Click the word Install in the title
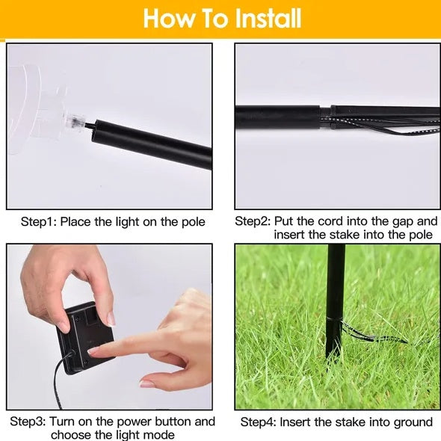[x=268, y=18]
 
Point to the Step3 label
[x=28, y=422]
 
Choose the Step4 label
[x=258, y=422]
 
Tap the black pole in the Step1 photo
[x=151, y=144]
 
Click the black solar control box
[x=85, y=337]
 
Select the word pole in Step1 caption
[x=194, y=223]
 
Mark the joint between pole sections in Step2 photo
[x=325, y=117]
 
